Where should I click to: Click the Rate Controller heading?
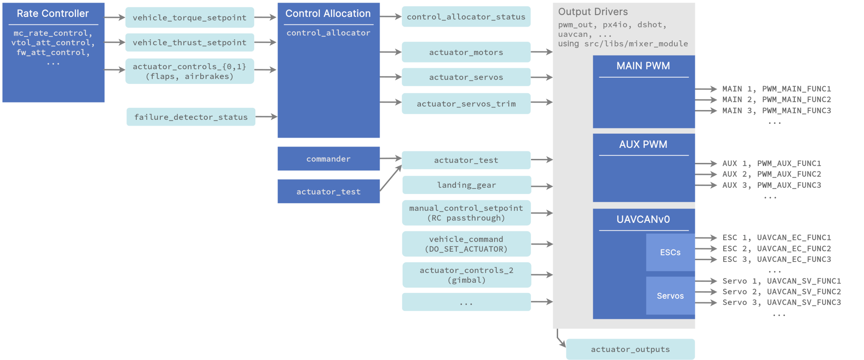pyautogui.click(x=53, y=14)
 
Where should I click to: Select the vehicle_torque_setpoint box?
pyautogui.click(x=190, y=18)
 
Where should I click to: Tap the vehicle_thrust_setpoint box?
pyautogui.click(x=190, y=43)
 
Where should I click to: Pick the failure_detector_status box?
pyautogui.click(x=191, y=117)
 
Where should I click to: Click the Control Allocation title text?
pyautogui.click(x=328, y=14)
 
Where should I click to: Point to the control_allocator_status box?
pyautogui.click(x=466, y=17)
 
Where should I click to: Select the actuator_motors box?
pyautogui.click(x=466, y=52)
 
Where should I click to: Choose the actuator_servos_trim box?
pyautogui.click(x=466, y=104)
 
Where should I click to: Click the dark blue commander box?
pyautogui.click(x=329, y=159)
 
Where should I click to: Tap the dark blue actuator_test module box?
pyautogui.click(x=329, y=192)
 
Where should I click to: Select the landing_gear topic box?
pyautogui.click(x=467, y=185)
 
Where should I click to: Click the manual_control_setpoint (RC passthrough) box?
pyautogui.click(x=466, y=213)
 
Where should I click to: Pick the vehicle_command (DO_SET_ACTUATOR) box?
pyautogui.click(x=466, y=244)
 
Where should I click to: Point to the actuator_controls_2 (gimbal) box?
pyautogui.click(x=467, y=275)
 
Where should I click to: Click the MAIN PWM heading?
pyautogui.click(x=643, y=66)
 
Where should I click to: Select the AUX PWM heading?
pyautogui.click(x=643, y=145)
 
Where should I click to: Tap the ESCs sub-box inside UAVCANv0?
pyautogui.click(x=670, y=253)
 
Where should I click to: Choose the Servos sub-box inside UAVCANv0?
pyautogui.click(x=670, y=296)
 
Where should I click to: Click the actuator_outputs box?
pyautogui.click(x=630, y=349)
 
